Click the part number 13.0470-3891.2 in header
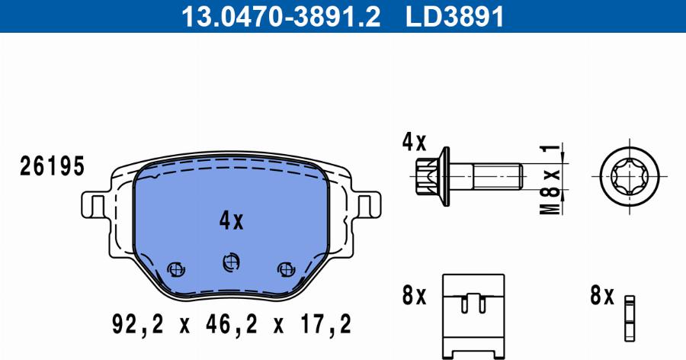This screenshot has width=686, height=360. coord(280,17)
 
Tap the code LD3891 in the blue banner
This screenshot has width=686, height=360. coord(455,17)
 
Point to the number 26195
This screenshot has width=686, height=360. coord(52,166)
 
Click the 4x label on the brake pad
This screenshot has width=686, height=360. coord(231,220)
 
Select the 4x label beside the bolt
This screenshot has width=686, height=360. coord(414,143)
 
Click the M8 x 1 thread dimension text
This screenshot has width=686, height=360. coord(550,178)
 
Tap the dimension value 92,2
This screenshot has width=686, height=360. coord(138,325)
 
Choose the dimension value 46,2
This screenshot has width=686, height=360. coord(232,325)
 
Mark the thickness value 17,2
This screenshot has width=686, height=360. coord(326,325)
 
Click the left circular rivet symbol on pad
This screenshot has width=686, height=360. coord(176,269)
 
